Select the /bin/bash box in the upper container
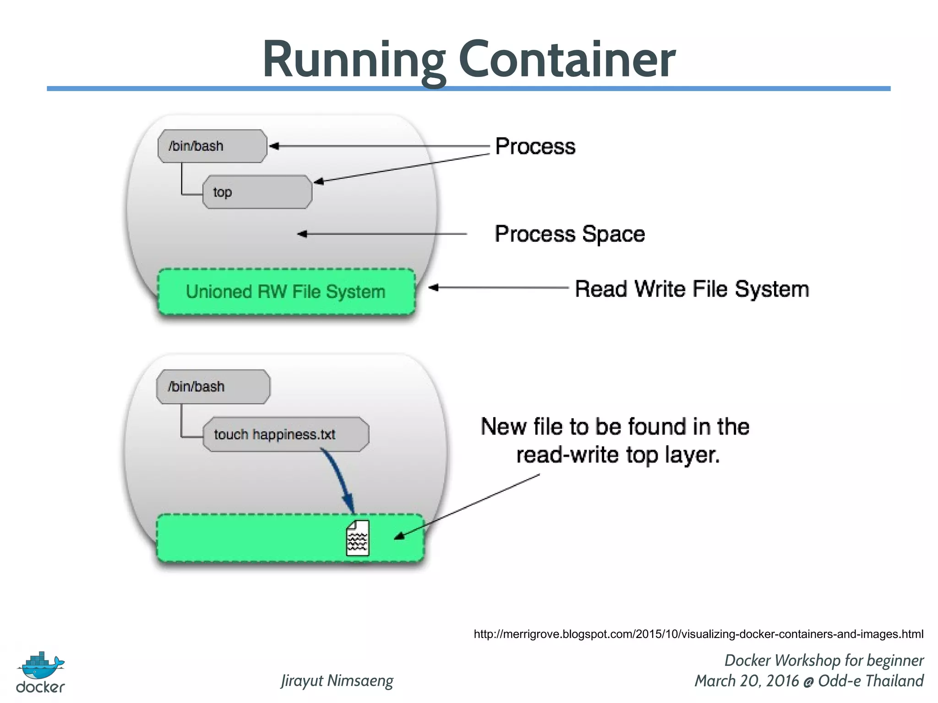click(212, 146)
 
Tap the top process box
click(257, 192)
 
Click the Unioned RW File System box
click(286, 292)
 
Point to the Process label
click(535, 147)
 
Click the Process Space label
click(570, 234)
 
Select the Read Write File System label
click(692, 289)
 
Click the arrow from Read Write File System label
click(499, 288)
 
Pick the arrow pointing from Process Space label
click(382, 234)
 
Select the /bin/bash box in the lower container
click(213, 387)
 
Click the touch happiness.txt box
click(285, 434)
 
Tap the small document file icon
click(357, 538)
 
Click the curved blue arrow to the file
click(340, 481)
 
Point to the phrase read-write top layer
click(618, 455)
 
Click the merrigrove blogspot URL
click(698, 634)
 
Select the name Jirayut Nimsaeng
click(337, 681)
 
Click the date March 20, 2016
click(747, 681)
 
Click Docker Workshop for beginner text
click(823, 660)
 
